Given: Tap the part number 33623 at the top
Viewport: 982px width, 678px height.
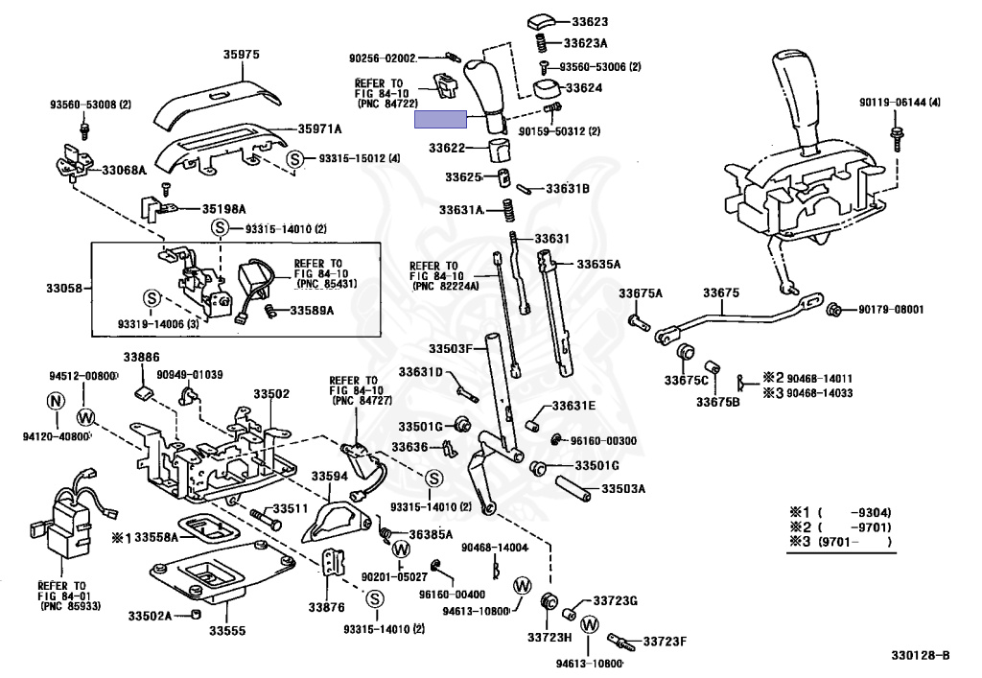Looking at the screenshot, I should click(x=585, y=21).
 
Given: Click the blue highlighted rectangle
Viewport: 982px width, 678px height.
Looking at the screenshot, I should click(x=440, y=120).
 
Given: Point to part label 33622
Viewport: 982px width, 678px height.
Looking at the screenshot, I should click(x=447, y=149).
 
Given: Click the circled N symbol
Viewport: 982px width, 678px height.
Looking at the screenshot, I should click(x=56, y=400).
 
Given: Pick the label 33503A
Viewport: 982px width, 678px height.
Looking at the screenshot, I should click(x=623, y=488).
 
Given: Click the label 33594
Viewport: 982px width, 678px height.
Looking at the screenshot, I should click(x=329, y=475).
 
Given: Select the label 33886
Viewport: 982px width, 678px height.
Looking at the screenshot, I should click(x=141, y=356).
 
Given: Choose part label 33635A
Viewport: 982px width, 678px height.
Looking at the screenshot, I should click(x=598, y=264).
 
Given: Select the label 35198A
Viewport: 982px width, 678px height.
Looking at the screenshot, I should click(x=223, y=208).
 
